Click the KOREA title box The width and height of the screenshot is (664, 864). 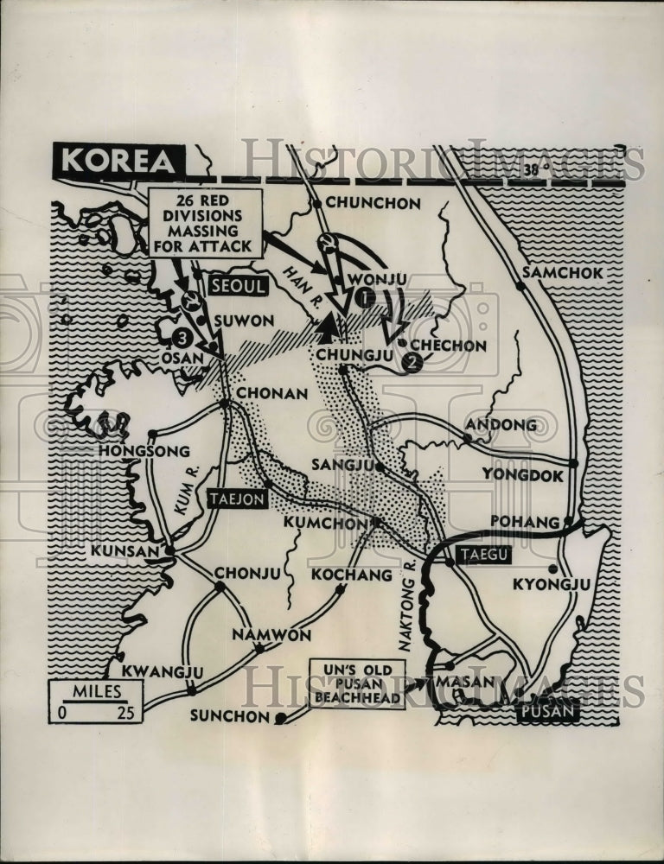tap(118, 162)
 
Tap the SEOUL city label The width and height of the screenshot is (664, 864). tap(236, 288)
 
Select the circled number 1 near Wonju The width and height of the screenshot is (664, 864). tap(364, 299)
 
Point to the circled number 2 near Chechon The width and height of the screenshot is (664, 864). tap(412, 363)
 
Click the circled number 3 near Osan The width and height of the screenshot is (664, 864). tap(181, 338)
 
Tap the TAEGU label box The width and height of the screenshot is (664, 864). tap(483, 556)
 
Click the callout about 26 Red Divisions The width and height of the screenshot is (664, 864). tap(205, 223)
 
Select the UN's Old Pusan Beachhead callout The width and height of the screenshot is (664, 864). tap(358, 683)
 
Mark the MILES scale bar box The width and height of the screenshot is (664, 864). tap(95, 701)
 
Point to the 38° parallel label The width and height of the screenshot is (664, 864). tap(535, 169)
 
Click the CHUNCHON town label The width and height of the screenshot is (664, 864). tap(374, 204)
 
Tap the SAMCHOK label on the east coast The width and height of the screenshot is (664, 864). tap(567, 272)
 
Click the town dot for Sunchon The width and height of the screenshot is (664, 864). tap(280, 718)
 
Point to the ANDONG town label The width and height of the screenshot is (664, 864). tap(501, 424)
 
